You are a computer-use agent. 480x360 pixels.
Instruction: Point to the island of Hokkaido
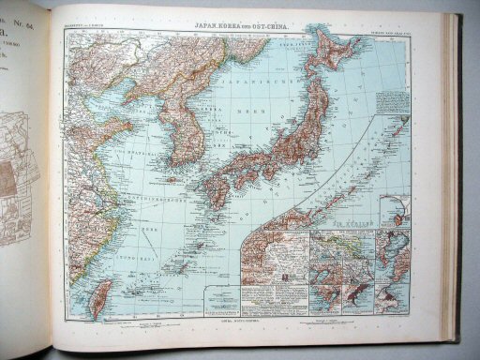pyautogui.click(x=337, y=66)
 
